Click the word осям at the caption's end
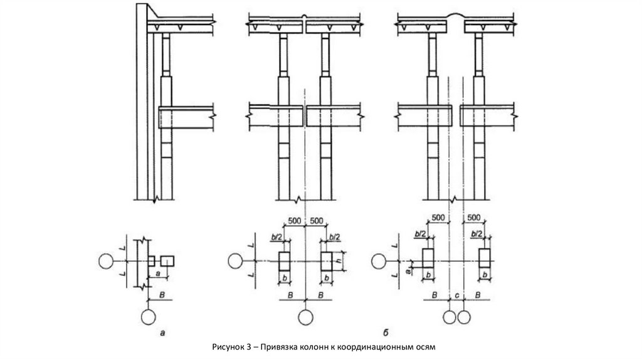pyautogui.click(x=422, y=346)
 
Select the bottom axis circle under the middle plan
pyautogui.click(x=305, y=317)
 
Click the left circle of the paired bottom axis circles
pyautogui.click(x=450, y=317)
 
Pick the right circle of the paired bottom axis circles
pyautogui.click(x=463, y=317)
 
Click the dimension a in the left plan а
pyautogui.click(x=159, y=274)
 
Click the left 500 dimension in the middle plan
pyautogui.click(x=293, y=220)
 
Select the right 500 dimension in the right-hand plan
pyautogui.click(x=474, y=217)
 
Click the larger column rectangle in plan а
pyautogui.click(x=167, y=260)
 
